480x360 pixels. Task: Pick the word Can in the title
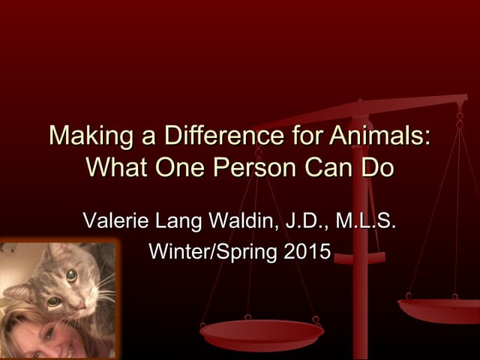328,166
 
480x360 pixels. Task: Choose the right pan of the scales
439,307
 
